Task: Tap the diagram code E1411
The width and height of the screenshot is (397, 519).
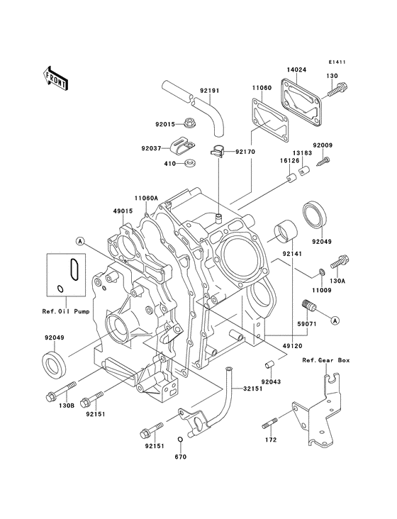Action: coord(337,62)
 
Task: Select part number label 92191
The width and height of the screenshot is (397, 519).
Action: coord(210,90)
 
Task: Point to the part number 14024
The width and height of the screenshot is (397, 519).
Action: coord(296,69)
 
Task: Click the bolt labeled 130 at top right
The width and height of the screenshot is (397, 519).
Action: coord(340,91)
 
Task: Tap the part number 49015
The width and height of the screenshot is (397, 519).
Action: coord(122,211)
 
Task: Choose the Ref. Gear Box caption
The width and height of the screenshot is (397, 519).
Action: coord(326,360)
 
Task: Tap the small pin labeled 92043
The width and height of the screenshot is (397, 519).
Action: coord(269,365)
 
